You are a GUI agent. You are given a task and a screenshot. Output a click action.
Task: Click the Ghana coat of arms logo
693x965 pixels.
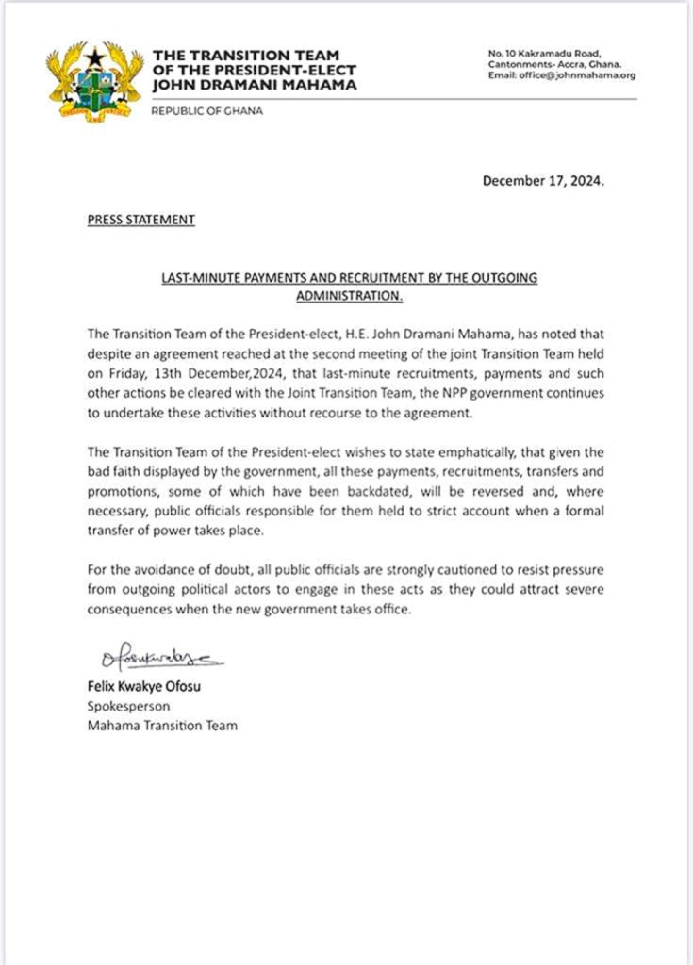click(x=94, y=79)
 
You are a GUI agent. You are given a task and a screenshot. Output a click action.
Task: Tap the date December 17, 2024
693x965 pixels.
click(x=543, y=181)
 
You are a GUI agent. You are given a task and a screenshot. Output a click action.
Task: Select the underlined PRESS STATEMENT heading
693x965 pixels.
click(x=140, y=220)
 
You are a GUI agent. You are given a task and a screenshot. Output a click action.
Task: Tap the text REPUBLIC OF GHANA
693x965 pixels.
click(x=207, y=111)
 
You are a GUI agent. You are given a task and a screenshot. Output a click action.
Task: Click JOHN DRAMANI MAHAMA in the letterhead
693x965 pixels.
click(x=255, y=85)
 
